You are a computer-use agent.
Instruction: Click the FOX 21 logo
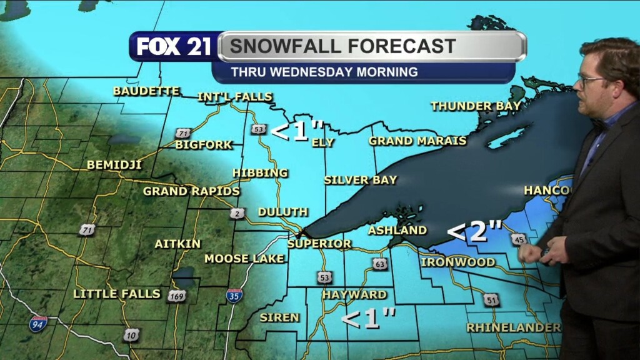[174, 47]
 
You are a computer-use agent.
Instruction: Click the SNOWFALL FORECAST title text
[342, 46]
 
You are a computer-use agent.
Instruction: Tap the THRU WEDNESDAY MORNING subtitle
[324, 72]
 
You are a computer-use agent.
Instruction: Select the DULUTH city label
[282, 212]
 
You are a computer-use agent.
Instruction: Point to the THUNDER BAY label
[476, 106]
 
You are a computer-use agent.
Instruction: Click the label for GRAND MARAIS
[417, 141]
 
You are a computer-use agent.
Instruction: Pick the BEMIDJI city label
[114, 165]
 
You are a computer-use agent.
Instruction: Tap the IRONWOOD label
[457, 262]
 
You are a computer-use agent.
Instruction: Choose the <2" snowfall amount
[475, 232]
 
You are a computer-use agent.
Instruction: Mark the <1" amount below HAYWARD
[368, 319]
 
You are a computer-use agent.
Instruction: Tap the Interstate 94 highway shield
[38, 323]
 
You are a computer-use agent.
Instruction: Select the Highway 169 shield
[176, 296]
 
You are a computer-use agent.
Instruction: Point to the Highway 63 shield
[379, 263]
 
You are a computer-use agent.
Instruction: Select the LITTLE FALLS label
[117, 293]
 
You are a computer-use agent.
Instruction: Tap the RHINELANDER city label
[513, 327]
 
